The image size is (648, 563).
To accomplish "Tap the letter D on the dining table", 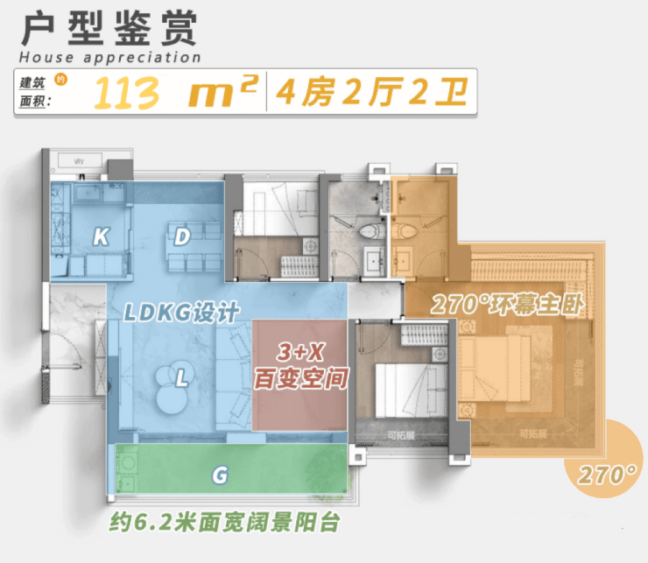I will pyautogui.click(x=182, y=236).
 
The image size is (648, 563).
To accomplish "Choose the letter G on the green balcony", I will pyautogui.click(x=220, y=475).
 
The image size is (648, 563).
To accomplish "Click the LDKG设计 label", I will pyautogui.click(x=180, y=313).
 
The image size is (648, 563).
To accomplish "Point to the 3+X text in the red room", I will pyautogui.click(x=300, y=354).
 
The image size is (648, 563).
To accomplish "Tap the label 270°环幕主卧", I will pyautogui.click(x=507, y=306).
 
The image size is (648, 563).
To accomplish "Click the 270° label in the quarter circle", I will pyautogui.click(x=606, y=475).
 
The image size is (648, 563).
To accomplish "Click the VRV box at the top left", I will pyautogui.click(x=77, y=162).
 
